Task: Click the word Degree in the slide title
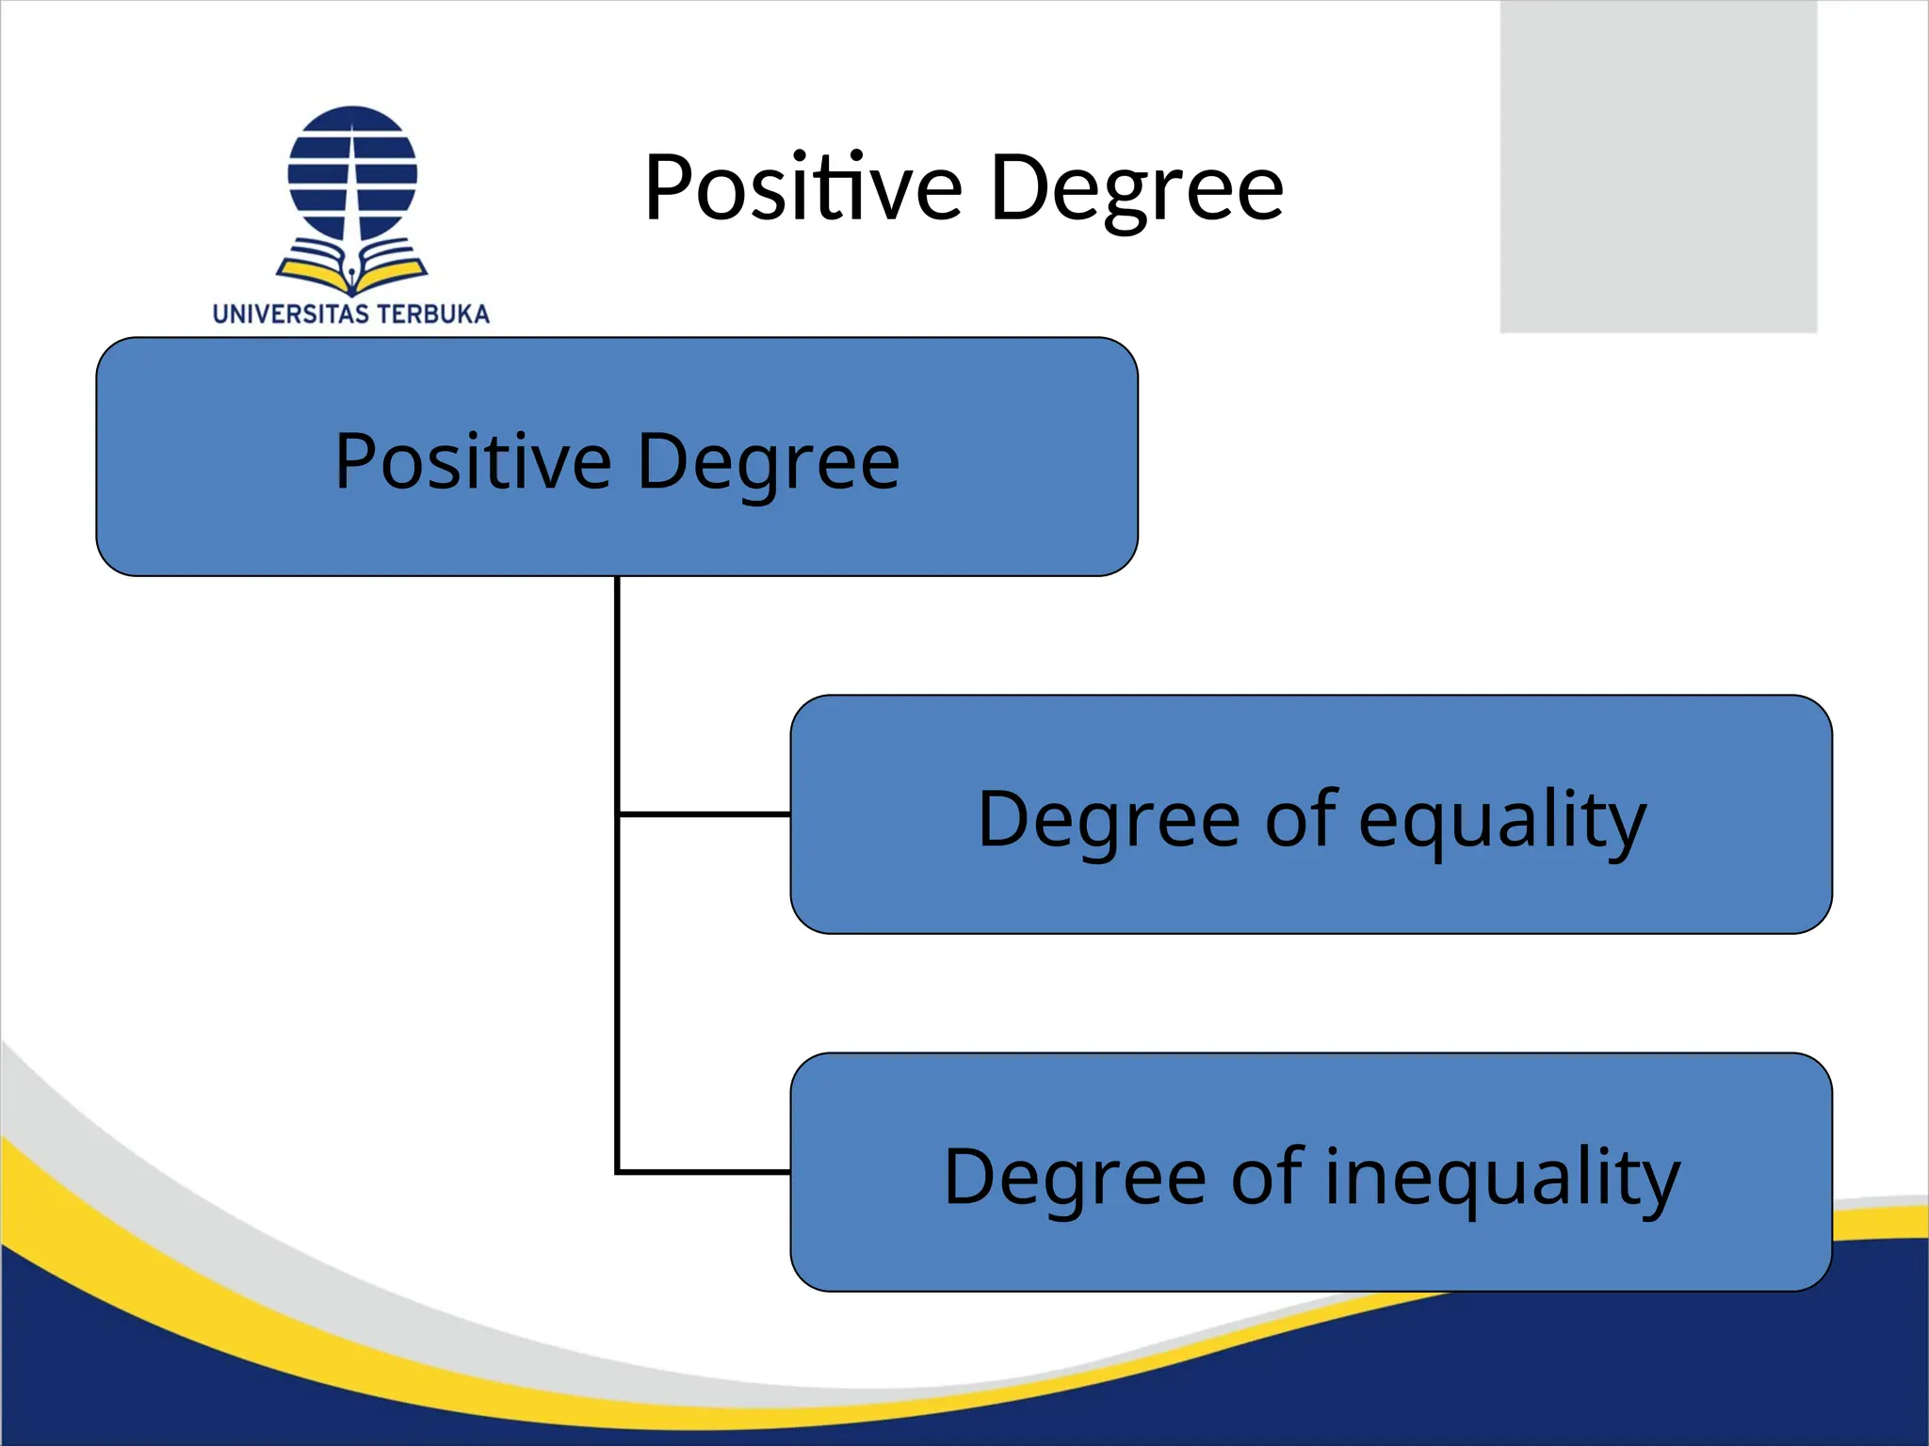point(1137,190)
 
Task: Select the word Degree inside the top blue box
point(768,463)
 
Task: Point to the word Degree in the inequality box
point(1075,1177)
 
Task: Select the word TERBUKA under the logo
point(434,314)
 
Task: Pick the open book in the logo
point(352,267)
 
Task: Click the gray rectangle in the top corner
point(1658,166)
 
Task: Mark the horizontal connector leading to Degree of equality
point(704,813)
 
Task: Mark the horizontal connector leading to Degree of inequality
point(704,1172)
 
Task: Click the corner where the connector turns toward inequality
point(618,1172)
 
